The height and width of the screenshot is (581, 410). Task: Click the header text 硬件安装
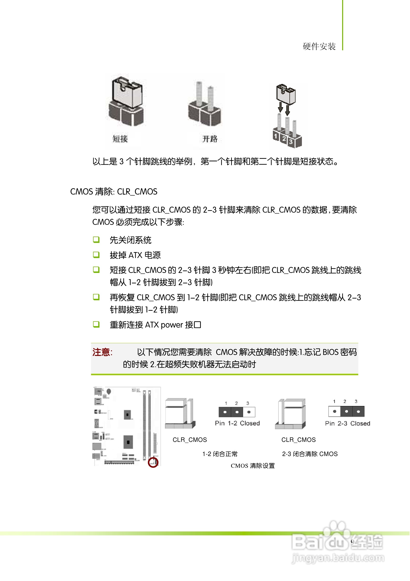pyautogui.click(x=319, y=47)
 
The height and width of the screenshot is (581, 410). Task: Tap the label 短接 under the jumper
pyautogui.click(x=120, y=139)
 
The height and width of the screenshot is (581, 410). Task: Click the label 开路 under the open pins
pyautogui.click(x=210, y=139)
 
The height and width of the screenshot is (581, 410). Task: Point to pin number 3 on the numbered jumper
pyautogui.click(x=291, y=142)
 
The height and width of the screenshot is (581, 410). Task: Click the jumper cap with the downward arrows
pyautogui.click(x=286, y=94)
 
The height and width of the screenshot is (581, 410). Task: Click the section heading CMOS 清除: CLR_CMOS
pyautogui.click(x=113, y=192)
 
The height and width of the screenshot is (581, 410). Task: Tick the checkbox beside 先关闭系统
pyautogui.click(x=96, y=240)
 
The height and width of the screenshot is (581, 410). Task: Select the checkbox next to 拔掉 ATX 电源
pyautogui.click(x=96, y=255)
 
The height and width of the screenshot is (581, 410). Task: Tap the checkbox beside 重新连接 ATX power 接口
pyautogui.click(x=96, y=324)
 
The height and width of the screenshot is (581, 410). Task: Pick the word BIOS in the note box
pyautogui.click(x=330, y=352)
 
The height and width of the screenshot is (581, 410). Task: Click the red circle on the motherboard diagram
pyautogui.click(x=153, y=463)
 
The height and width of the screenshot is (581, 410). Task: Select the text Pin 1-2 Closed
pyautogui.click(x=237, y=423)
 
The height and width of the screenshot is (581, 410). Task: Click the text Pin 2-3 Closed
pyautogui.click(x=348, y=424)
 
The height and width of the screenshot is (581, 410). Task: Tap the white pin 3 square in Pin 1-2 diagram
pyautogui.click(x=249, y=412)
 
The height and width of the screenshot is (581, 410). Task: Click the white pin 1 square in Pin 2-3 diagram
pyautogui.click(x=334, y=411)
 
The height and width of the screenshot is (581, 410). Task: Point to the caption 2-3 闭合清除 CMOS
pyautogui.click(x=310, y=454)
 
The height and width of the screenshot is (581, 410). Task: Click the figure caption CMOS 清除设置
pyautogui.click(x=253, y=466)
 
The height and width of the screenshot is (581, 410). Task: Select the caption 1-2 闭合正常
pyautogui.click(x=220, y=454)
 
